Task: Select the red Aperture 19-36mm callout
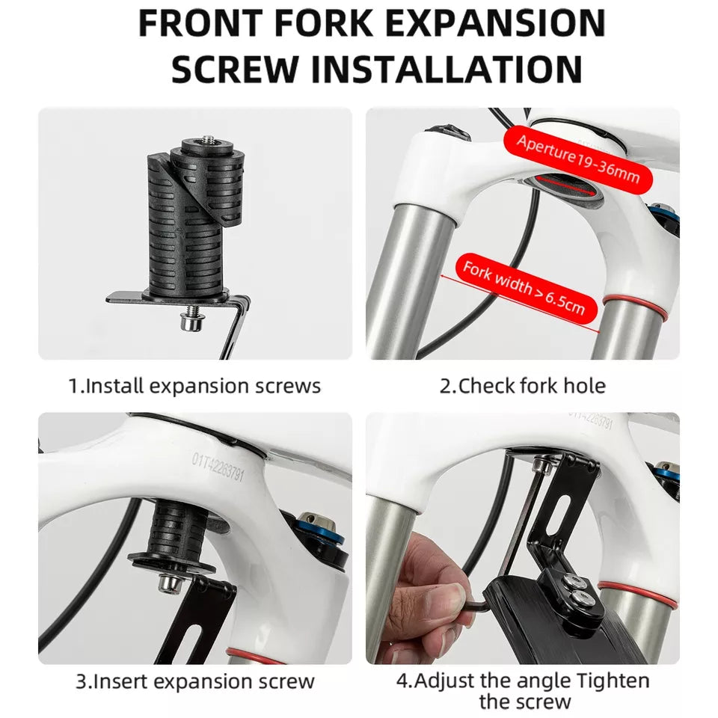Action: tap(578, 159)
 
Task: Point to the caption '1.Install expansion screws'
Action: tap(194, 386)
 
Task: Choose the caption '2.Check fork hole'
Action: tap(523, 386)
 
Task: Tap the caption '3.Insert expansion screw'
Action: tap(195, 681)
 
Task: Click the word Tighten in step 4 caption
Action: tap(613, 681)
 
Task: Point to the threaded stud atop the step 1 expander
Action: tap(209, 140)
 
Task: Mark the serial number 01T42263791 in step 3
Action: tap(218, 467)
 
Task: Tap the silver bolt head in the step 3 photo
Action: tap(171, 583)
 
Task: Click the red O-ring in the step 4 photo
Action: tap(636, 594)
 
